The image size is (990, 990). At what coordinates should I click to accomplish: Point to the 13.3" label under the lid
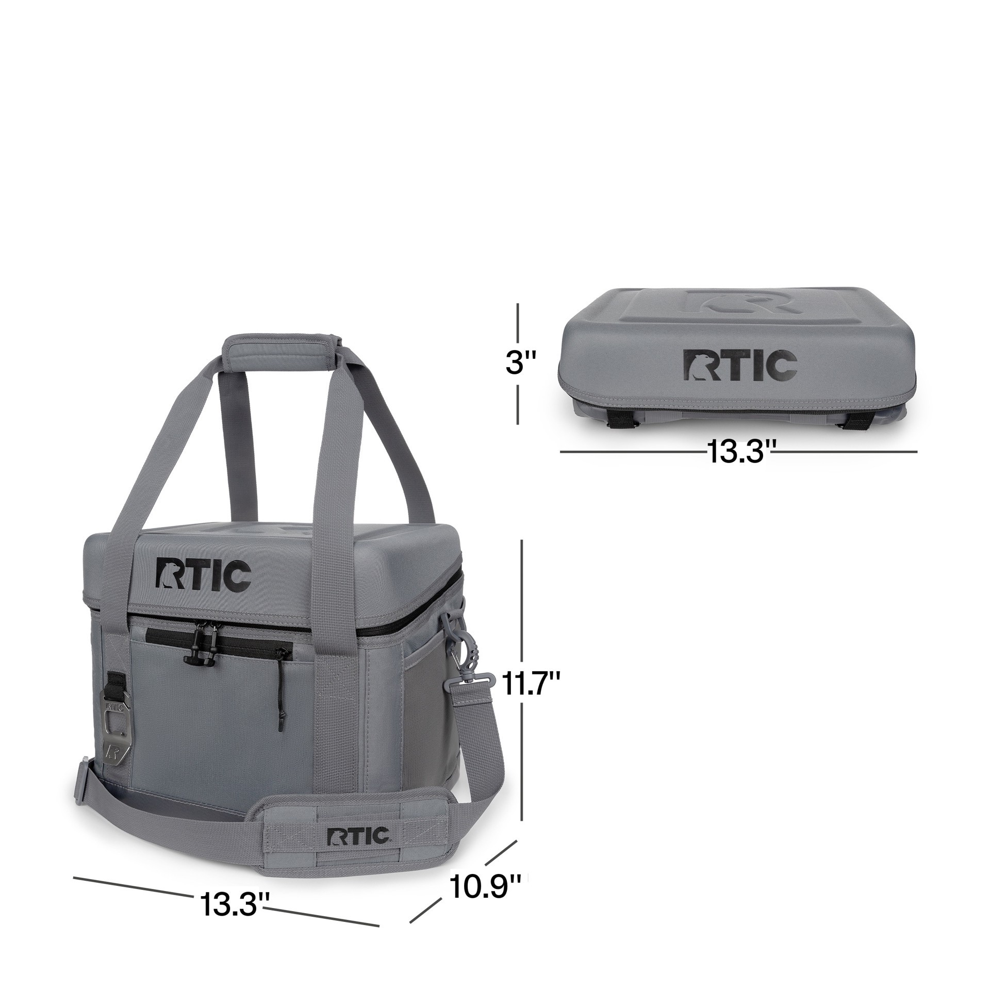pyautogui.click(x=739, y=451)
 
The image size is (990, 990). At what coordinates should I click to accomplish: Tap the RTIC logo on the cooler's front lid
pyautogui.click(x=203, y=573)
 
